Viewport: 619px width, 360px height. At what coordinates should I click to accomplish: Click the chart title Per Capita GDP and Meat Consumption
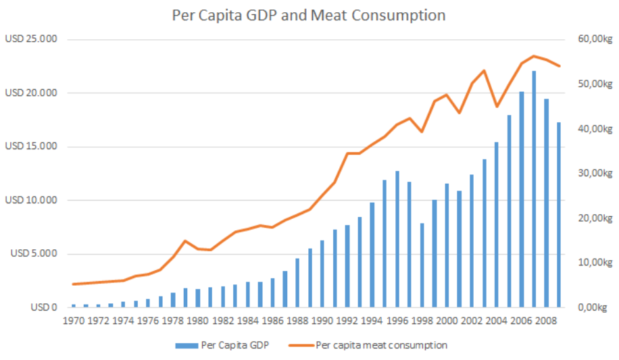309,15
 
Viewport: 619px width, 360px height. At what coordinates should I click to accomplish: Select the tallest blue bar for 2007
534,189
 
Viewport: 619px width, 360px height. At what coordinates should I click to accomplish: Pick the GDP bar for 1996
397,239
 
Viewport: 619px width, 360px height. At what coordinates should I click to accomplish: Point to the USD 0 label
45,307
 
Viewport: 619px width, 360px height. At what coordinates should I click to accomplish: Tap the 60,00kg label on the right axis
595,40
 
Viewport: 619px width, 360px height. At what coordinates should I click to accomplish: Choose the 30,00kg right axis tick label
595,174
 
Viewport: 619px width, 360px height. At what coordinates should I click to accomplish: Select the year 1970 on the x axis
74,321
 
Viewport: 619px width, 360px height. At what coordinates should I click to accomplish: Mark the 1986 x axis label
273,321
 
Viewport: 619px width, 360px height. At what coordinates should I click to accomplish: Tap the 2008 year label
546,321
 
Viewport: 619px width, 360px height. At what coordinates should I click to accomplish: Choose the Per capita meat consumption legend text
381,345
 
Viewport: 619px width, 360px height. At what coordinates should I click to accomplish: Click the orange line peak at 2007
534,56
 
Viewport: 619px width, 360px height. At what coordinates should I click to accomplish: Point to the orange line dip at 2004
497,107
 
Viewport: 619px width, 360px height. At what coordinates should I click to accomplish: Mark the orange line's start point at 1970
74,284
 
